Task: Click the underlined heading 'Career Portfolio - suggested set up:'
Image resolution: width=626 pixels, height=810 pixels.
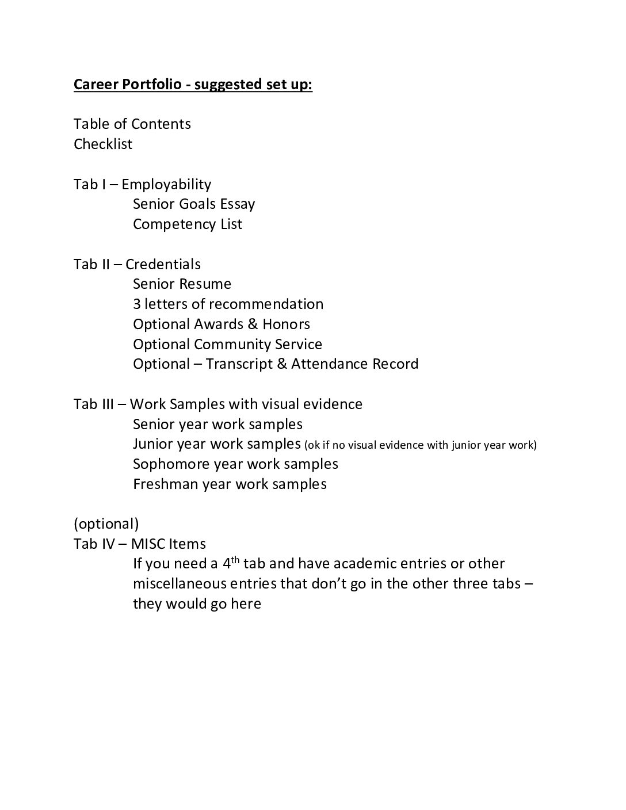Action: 193,85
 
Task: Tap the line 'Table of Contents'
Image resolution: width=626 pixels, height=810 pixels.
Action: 132,124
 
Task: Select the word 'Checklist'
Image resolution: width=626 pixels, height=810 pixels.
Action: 103,144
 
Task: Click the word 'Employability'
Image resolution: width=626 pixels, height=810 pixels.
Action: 166,184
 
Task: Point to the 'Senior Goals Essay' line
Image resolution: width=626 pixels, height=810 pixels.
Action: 194,204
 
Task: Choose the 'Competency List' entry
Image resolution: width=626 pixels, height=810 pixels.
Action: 188,224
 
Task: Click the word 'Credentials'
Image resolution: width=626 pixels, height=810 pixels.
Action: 163,264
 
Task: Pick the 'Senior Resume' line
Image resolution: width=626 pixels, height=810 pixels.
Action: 182,284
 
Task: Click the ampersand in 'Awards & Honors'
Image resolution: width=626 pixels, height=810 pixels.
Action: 252,324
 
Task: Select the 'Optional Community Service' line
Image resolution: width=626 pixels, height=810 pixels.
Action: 227,344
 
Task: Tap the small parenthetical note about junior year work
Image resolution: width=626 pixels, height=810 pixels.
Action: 421,445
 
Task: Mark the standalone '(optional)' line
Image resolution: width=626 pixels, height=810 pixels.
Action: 106,524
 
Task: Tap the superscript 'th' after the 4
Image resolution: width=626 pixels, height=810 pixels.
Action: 235,559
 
